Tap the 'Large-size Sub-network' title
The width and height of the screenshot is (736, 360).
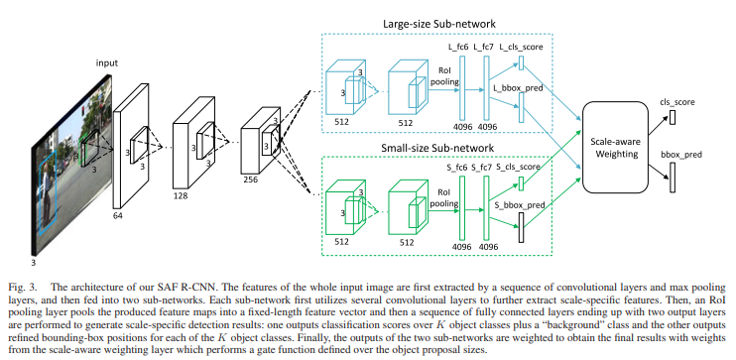pyautogui.click(x=439, y=24)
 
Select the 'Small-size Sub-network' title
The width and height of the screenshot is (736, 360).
pyautogui.click(x=437, y=149)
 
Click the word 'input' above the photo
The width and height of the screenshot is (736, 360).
pyautogui.click(x=107, y=62)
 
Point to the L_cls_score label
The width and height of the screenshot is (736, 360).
pyautogui.click(x=522, y=47)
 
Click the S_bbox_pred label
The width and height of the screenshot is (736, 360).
pyautogui.click(x=520, y=205)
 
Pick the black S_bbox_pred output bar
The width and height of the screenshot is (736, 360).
pyautogui.click(x=521, y=227)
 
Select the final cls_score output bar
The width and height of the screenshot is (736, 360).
pyautogui.click(x=673, y=117)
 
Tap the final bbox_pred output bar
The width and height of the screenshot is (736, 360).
pyautogui.click(x=673, y=178)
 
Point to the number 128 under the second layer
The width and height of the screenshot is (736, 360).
pyautogui.click(x=180, y=195)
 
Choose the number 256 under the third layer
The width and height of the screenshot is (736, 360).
pyautogui.click(x=250, y=179)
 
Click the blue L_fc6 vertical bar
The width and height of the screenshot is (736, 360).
pyautogui.click(x=461, y=88)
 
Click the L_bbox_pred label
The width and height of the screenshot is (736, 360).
pyautogui.click(x=519, y=87)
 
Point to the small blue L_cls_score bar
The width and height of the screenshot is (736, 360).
pyautogui.click(x=521, y=62)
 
